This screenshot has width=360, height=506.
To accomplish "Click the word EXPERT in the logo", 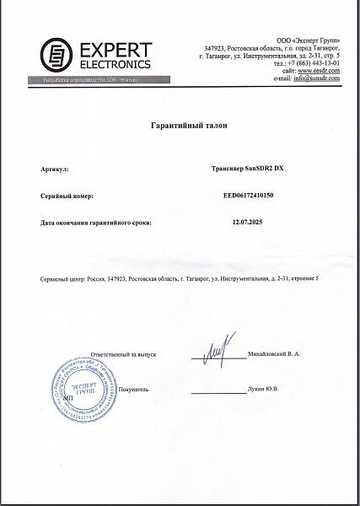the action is pos(103,49).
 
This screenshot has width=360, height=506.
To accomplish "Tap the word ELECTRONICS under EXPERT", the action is pos(103,64).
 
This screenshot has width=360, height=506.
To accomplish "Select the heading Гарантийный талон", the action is pos(180,124).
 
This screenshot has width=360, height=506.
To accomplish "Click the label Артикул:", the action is pos(52,168).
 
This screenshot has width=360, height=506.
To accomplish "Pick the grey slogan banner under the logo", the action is pos(89,79).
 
